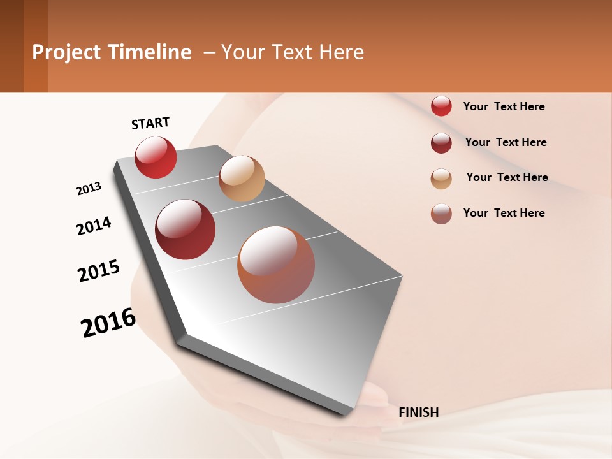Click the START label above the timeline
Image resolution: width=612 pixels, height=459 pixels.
pos(150,123)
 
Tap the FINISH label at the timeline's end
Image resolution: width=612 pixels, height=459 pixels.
pos(419,412)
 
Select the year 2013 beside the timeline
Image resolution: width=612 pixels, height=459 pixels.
pos(89,189)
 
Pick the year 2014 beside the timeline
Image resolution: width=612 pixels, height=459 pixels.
pos(94,226)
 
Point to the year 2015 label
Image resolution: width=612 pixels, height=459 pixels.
pos(99,271)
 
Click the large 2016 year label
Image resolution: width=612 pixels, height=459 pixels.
pos(108,323)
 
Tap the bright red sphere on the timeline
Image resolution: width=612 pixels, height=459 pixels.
pos(156,157)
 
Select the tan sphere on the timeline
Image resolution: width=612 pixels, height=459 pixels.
pos(242,178)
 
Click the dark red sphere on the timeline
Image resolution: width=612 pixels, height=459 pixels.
pos(186,229)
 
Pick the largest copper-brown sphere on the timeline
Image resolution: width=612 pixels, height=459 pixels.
pos(276,265)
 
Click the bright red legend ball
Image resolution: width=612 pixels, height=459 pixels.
pos(441,106)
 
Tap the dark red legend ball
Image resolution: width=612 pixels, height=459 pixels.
pos(441,143)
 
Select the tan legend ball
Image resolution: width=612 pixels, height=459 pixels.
pos(441,178)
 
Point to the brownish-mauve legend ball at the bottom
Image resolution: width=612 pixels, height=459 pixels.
pos(441,214)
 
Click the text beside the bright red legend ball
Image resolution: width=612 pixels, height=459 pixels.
pos(504,106)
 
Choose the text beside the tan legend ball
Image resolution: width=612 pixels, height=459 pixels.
pos(507,177)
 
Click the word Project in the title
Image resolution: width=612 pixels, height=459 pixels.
pos(66,52)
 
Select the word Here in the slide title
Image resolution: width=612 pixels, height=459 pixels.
pos(341,52)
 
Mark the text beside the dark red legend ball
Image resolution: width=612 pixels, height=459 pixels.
pos(506,142)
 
